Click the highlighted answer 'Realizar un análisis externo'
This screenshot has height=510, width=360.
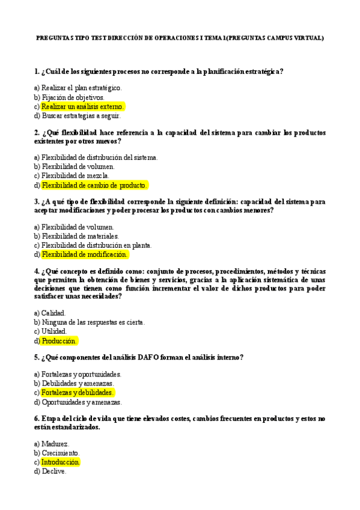pyautogui.click(x=83, y=106)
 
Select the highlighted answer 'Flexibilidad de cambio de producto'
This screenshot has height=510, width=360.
pyautogui.click(x=94, y=185)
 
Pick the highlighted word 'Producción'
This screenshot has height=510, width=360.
pyautogui.click(x=59, y=341)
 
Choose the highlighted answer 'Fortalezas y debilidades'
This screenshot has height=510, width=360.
pyautogui.click(x=78, y=393)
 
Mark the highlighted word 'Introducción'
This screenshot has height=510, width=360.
pyautogui.click(x=60, y=462)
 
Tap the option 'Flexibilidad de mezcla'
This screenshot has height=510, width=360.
pyautogui.click(x=76, y=176)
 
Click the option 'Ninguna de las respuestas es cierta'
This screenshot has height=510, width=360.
pyautogui.click(x=93, y=322)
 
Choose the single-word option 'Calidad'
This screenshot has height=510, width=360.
pyautogui.click(x=53, y=313)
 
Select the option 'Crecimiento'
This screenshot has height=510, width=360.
pyautogui.click(x=60, y=453)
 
